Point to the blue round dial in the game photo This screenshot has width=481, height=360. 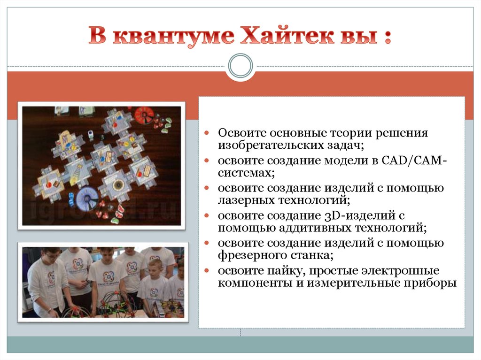[86, 198]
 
